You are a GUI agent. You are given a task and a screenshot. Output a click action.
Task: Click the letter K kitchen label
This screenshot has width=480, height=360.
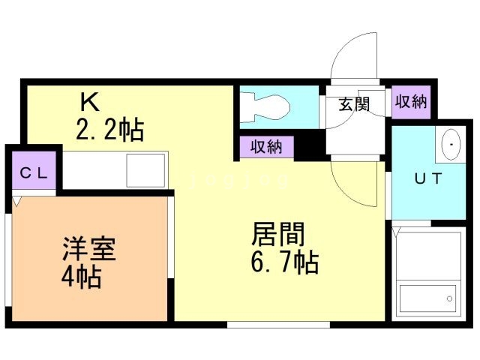click(x=90, y=102)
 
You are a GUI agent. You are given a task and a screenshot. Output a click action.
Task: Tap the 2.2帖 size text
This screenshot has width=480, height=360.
click(x=110, y=130)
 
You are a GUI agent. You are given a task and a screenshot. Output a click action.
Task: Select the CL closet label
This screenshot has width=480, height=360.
click(x=34, y=173)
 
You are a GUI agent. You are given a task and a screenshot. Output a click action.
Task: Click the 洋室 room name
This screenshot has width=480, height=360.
click(x=89, y=248)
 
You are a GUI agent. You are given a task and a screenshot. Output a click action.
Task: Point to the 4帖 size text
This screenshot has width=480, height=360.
click(x=82, y=276)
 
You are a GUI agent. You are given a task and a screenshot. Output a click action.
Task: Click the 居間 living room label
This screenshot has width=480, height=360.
click(x=278, y=234)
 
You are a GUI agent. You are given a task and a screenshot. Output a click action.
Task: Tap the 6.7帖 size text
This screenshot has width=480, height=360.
click(x=285, y=262)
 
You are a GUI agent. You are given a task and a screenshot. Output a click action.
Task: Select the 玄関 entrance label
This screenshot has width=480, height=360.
click(x=354, y=104)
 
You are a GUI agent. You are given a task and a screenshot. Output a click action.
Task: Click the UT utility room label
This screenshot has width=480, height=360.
click(x=428, y=178)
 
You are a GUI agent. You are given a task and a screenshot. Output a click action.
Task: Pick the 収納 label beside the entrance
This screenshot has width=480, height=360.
click(x=411, y=102)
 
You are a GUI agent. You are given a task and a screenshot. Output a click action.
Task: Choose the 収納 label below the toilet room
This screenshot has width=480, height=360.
click(x=266, y=147)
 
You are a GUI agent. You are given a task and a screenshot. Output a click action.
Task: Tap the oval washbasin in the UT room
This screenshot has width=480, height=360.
click(x=451, y=145)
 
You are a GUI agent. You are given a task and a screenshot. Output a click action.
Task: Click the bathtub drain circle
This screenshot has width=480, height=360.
click(x=450, y=298)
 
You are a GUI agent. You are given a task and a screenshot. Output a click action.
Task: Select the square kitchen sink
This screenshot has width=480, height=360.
click(x=145, y=170)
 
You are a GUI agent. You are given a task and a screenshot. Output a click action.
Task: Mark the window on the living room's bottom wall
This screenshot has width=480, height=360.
click(x=278, y=325)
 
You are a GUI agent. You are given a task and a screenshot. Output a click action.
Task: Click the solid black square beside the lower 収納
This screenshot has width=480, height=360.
click(x=310, y=148)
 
